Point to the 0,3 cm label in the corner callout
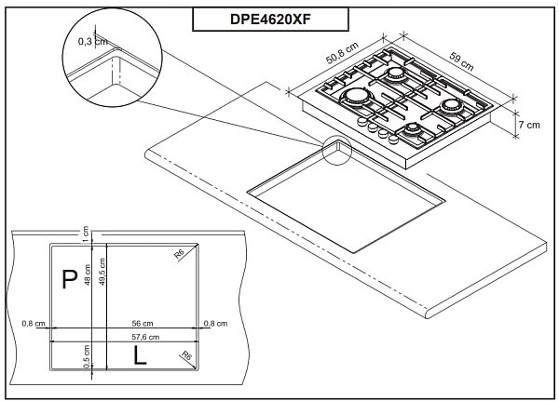90,41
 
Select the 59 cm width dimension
461,64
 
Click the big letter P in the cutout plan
67,279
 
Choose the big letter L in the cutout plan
137,354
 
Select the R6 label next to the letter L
187,355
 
